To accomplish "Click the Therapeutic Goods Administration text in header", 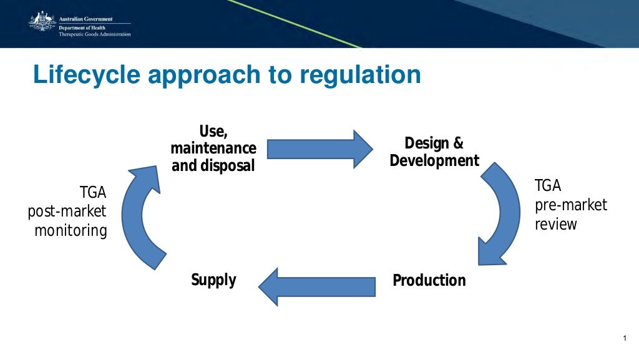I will [95, 34].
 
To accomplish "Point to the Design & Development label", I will [434, 152].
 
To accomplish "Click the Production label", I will [429, 280].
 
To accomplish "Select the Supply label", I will [213, 280].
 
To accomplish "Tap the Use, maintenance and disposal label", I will [213, 148].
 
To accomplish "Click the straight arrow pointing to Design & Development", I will [319, 149].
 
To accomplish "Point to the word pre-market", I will [570, 205].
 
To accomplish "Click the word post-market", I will [67, 212].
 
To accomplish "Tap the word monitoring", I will [71, 230].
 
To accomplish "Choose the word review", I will [555, 223].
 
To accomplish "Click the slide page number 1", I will [623, 338].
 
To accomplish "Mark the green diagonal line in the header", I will [293, 23].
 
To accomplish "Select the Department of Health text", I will [83, 28].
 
